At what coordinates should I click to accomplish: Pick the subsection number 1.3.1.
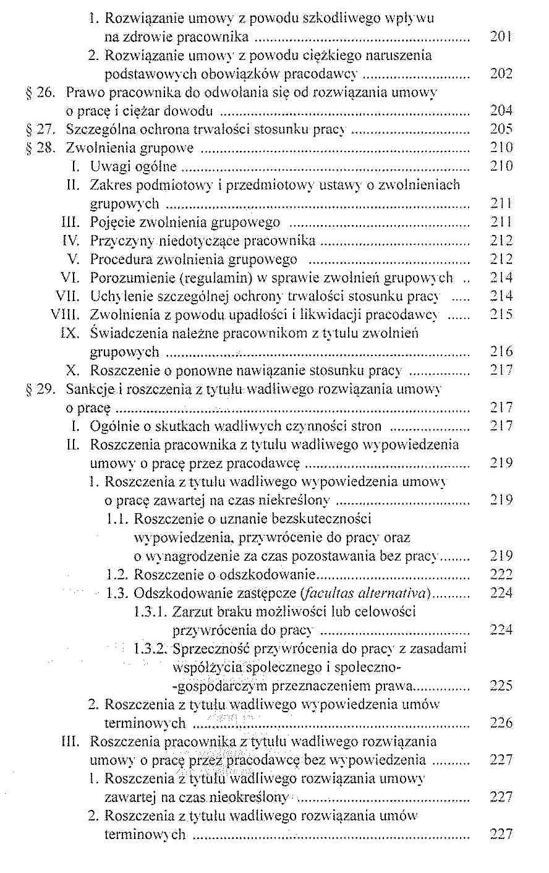point(150,611)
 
